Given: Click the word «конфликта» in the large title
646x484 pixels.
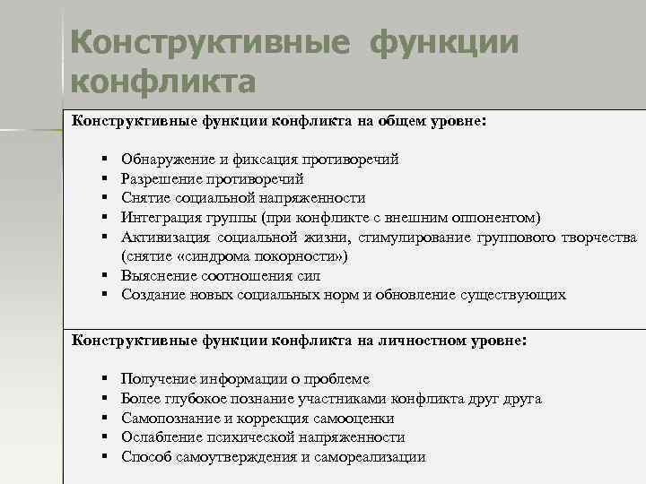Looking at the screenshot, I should coord(162,82).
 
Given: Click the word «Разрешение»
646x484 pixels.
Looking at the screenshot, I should coord(159,178).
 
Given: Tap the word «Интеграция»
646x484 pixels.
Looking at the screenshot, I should coord(159,217).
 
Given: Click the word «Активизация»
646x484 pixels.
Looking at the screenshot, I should coord(163,237).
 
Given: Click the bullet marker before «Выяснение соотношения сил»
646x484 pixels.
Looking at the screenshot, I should coord(105,276).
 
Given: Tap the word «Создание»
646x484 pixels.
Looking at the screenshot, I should coord(151,295).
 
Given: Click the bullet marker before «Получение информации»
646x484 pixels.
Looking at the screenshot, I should coord(105,380).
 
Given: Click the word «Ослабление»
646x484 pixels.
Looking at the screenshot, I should coord(158,437).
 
